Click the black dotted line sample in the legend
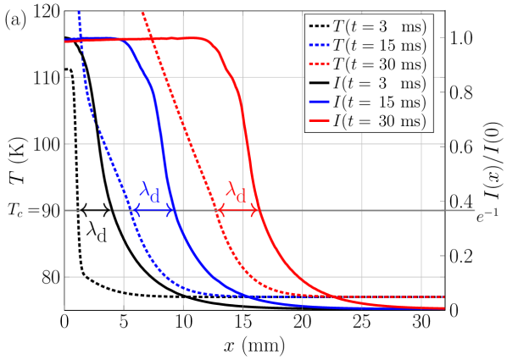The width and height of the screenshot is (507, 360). click(x=323, y=27)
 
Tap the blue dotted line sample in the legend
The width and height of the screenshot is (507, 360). click(x=323, y=46)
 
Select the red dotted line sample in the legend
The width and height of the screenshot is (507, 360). click(x=323, y=64)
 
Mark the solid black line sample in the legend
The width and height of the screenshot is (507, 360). click(x=323, y=84)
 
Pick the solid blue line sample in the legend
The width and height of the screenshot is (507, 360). click(x=323, y=102)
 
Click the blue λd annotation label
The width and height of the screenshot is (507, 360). click(x=149, y=194)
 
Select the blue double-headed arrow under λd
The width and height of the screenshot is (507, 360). click(x=154, y=210)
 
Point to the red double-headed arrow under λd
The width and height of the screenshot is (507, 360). click(x=238, y=210)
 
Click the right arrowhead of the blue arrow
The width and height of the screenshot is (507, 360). click(x=172, y=210)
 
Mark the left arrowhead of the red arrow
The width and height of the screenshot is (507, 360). click(x=220, y=210)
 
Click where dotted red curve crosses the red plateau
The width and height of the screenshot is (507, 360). click(x=150, y=38)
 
